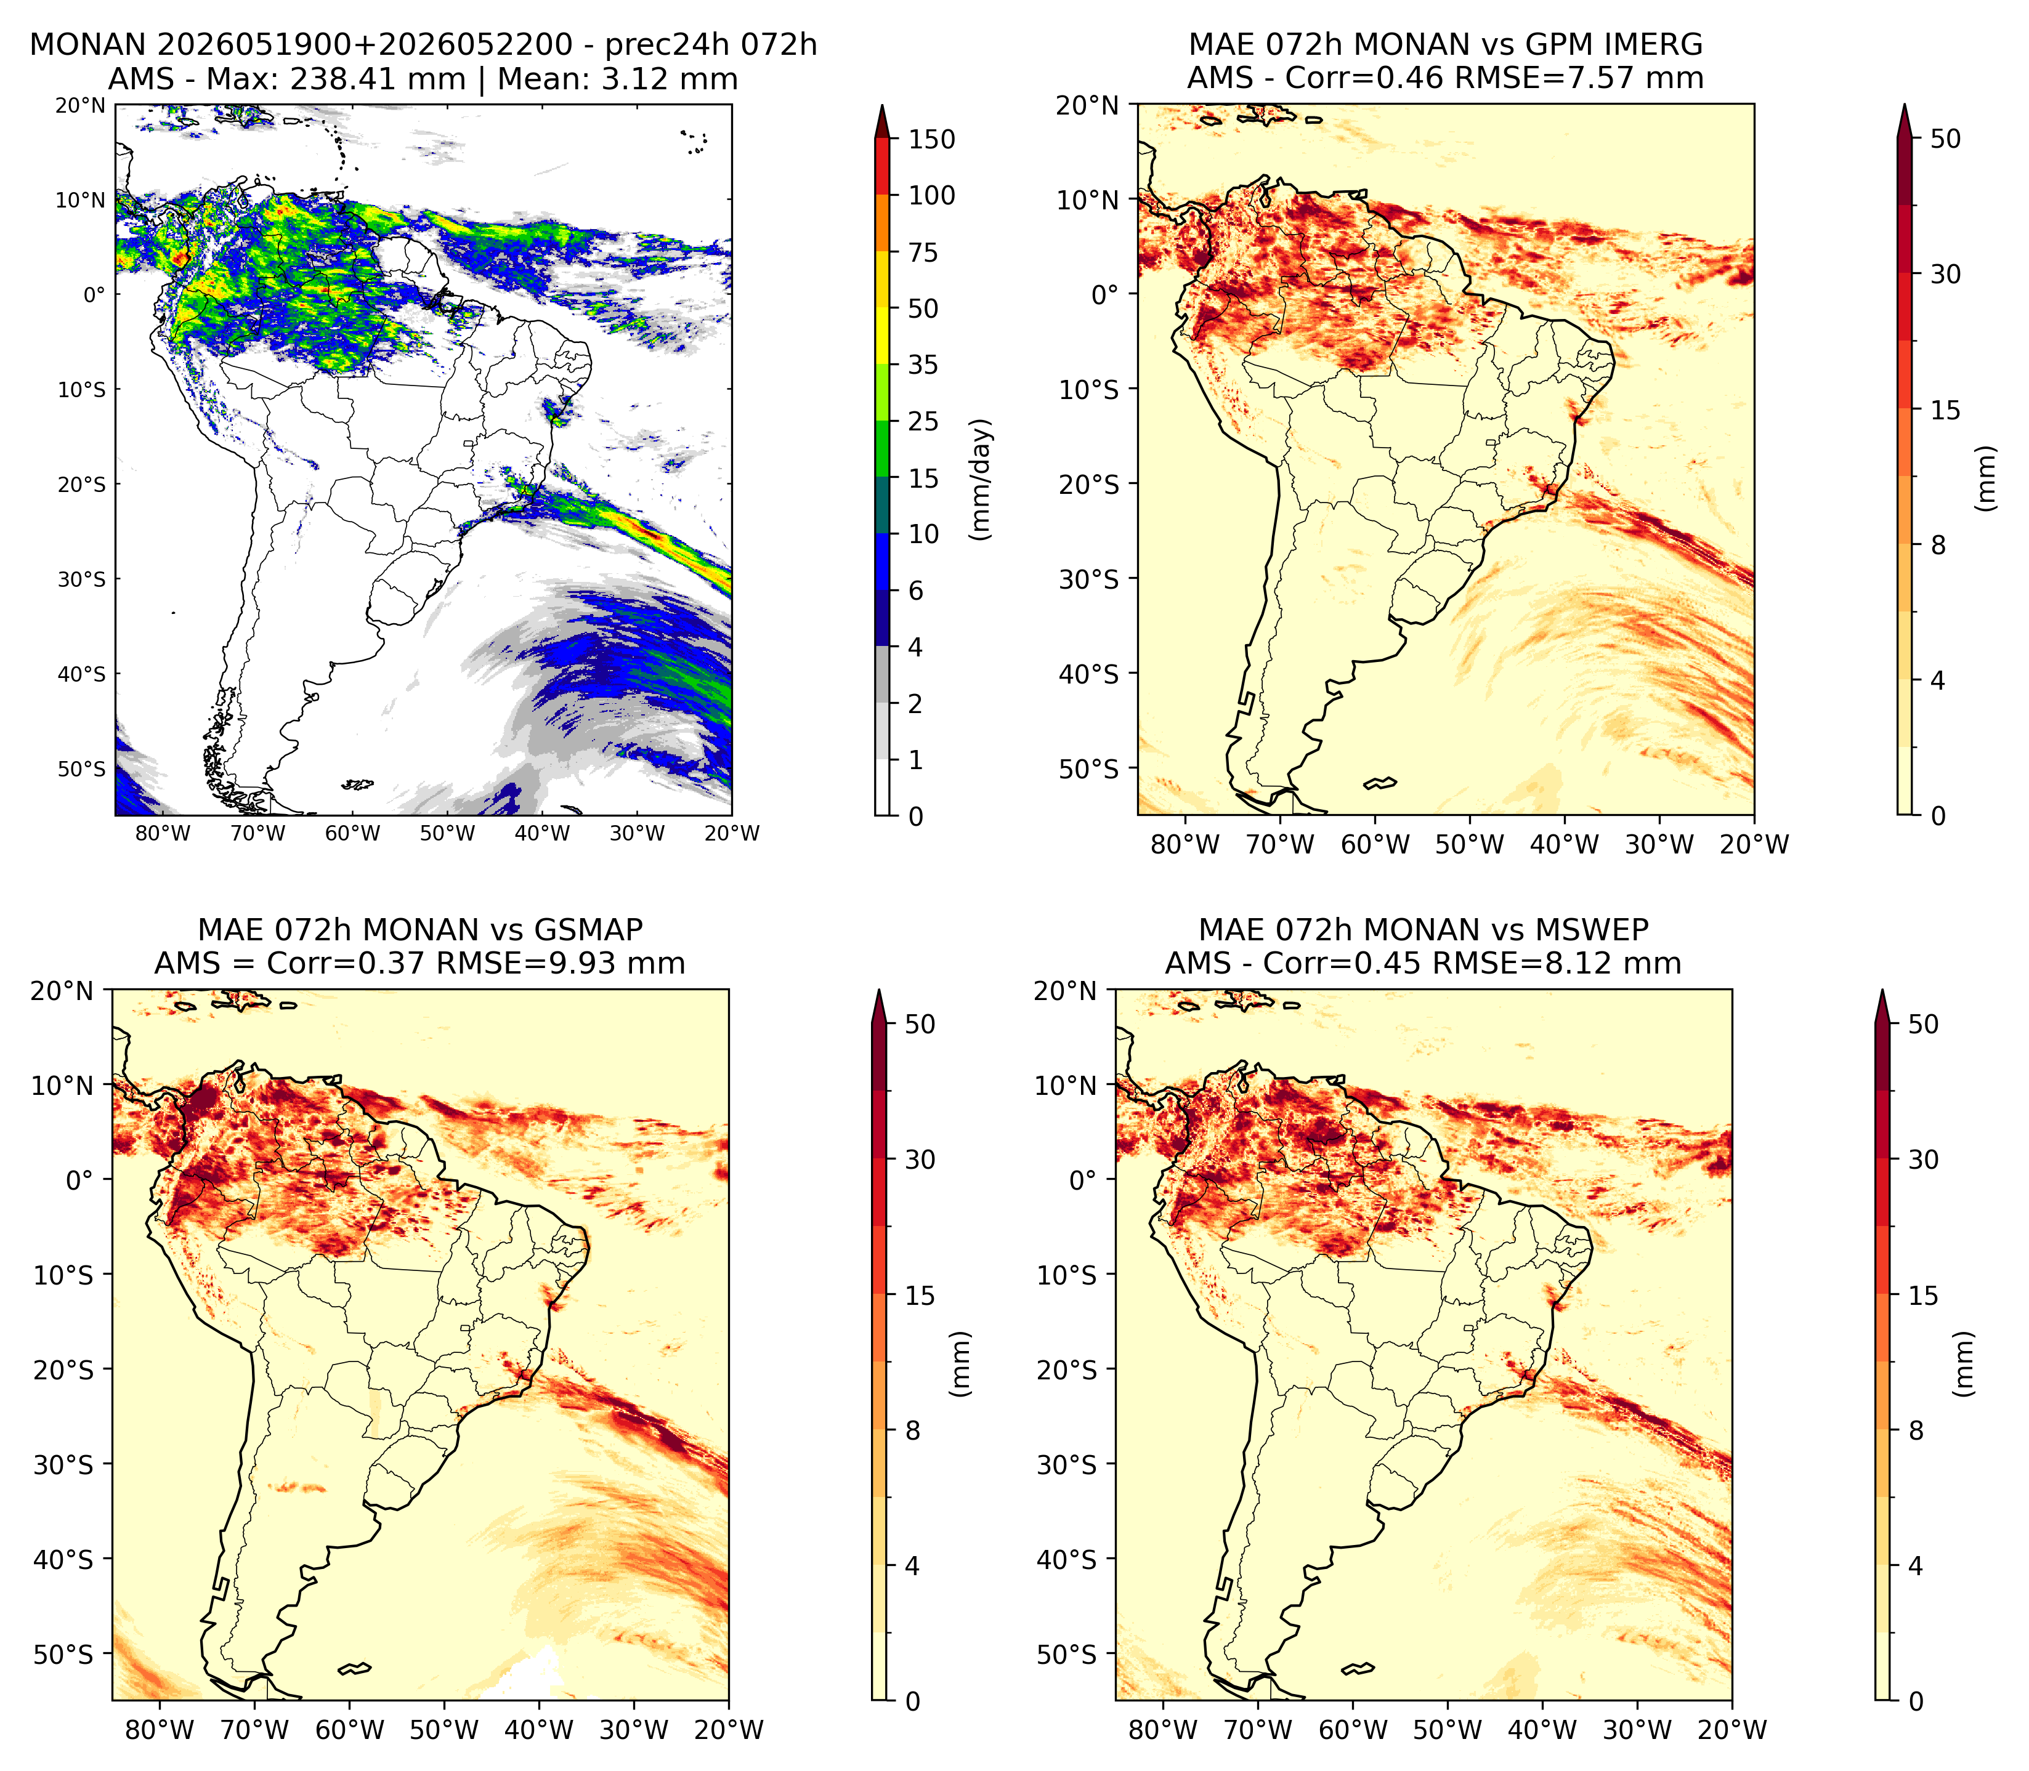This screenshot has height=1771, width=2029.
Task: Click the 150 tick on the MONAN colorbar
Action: point(932,139)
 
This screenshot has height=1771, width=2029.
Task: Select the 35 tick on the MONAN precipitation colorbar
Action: point(923,365)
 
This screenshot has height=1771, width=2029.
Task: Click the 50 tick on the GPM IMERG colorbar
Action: point(1945,139)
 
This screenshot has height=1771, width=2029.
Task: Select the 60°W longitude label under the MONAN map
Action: point(353,833)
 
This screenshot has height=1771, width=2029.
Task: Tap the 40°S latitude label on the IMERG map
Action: point(1089,673)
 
